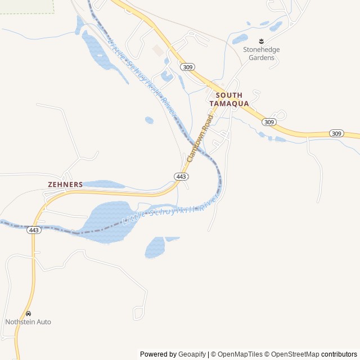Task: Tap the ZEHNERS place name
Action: pos(65,184)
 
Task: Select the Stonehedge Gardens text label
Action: pos(261,53)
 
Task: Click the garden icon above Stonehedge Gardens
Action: pos(261,41)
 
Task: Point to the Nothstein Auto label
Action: pos(28,322)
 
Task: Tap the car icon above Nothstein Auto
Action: pos(28,313)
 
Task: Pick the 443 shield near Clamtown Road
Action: pos(181,177)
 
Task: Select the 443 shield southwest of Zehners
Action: pos(34,230)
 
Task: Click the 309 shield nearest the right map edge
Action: pos(336,133)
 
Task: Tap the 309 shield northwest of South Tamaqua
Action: pos(188,67)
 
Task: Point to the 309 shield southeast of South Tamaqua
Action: pos(269,122)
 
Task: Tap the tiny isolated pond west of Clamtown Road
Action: pos(149,120)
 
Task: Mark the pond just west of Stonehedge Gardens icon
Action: pos(240,39)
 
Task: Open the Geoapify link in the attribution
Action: pos(192,354)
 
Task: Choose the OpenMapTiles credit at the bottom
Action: pos(240,354)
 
